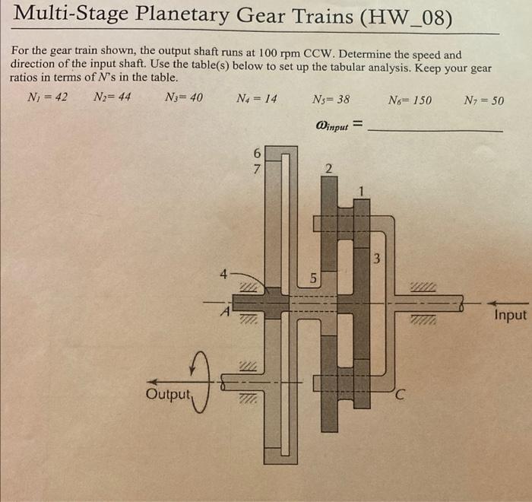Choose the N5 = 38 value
tap(331, 99)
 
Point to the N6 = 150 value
tap(410, 100)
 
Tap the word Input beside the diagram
tap(509, 315)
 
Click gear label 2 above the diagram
tap(328, 168)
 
